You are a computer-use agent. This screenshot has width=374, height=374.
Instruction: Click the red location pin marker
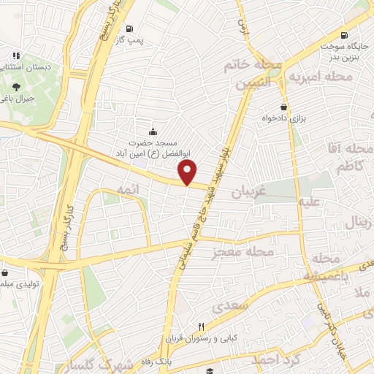tap(188, 172)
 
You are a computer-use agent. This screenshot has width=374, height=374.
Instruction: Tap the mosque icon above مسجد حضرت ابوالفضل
tap(152, 131)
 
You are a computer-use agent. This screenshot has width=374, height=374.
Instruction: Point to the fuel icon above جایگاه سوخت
tap(343, 34)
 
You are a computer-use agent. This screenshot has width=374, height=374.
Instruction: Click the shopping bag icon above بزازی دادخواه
tap(283, 107)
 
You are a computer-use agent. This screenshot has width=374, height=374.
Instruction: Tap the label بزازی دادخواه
tap(283, 118)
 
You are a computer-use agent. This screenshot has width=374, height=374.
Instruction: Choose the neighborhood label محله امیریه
tap(321, 76)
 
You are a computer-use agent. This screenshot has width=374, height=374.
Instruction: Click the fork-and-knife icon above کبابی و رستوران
tap(202, 327)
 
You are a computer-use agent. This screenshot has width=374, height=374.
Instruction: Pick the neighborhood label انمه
tap(126, 188)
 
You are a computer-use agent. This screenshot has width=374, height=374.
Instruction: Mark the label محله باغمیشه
tap(323, 268)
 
